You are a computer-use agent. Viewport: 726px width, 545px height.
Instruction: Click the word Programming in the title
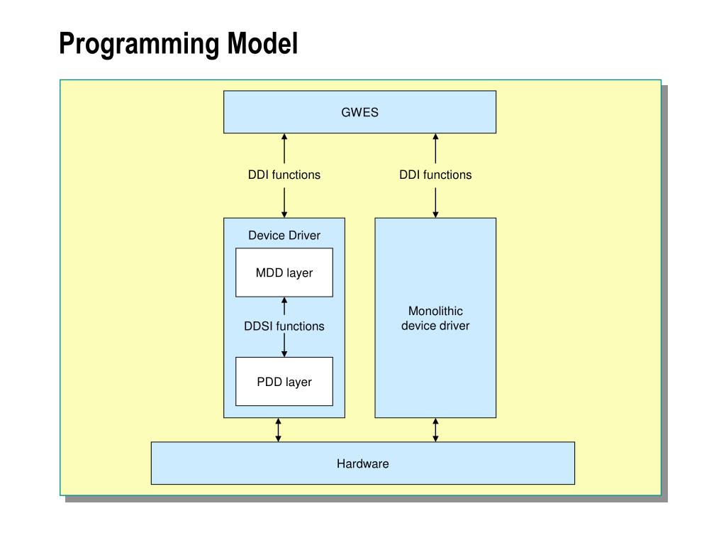(139, 45)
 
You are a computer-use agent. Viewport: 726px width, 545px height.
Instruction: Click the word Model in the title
(262, 43)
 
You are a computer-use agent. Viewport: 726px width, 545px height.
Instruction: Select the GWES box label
(359, 113)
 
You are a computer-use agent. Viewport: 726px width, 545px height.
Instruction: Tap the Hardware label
(362, 464)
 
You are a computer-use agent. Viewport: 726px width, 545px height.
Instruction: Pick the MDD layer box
(284, 272)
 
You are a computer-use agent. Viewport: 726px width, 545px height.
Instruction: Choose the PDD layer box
(284, 381)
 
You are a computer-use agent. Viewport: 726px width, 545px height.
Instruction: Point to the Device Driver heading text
(284, 236)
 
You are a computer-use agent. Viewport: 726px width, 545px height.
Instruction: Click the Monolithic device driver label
(435, 319)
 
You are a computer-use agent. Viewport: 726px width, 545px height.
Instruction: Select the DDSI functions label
(284, 326)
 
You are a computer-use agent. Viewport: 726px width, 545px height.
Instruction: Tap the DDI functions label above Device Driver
(284, 175)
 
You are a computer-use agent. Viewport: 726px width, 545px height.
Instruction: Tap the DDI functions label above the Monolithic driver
(435, 175)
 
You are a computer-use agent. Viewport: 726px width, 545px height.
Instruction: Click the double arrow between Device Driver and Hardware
(278, 430)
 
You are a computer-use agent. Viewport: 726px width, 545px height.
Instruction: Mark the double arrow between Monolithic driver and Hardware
(435, 430)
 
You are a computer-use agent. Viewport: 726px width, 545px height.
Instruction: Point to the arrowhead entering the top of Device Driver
(284, 214)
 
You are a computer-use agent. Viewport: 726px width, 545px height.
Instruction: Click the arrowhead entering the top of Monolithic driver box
(435, 214)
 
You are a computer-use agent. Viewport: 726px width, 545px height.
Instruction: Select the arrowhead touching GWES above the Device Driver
(284, 137)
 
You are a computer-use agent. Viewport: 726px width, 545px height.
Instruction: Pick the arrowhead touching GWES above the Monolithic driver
(435, 137)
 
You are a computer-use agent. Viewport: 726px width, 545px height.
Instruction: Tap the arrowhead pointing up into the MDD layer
(284, 300)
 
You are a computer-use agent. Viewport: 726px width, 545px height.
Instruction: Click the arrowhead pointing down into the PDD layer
(284, 353)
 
